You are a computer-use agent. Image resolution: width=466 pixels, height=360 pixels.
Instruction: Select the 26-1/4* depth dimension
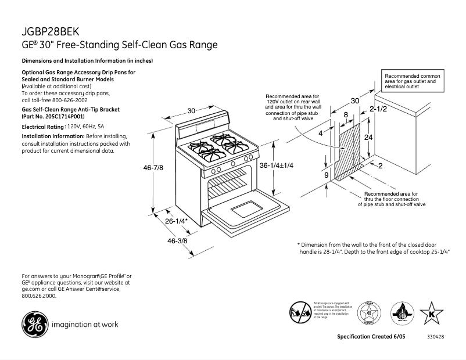point(175,221)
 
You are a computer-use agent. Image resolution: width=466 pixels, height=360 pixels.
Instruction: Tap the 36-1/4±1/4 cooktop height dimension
point(277,165)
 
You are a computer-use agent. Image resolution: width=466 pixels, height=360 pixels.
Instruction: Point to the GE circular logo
point(34,325)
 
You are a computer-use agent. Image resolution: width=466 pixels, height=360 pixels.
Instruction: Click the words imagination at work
point(85,325)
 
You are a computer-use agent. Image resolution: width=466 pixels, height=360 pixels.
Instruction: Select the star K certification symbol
point(431,314)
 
